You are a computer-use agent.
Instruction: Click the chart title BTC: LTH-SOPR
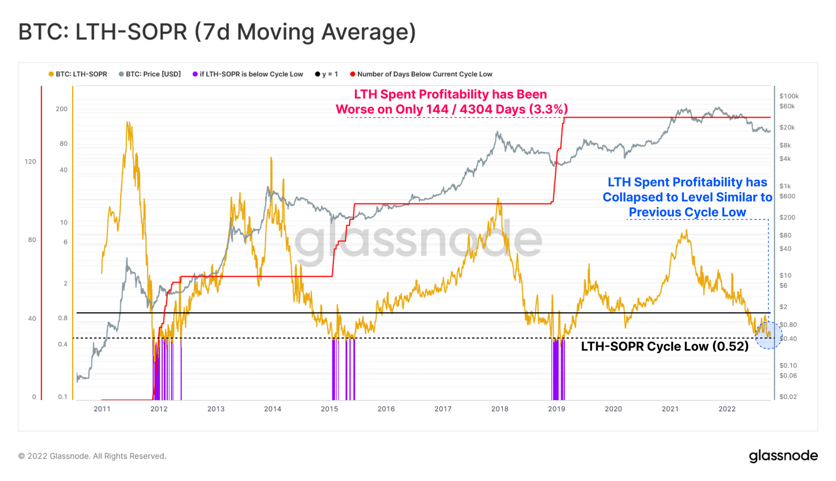217,32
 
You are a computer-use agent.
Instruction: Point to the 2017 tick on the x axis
443,409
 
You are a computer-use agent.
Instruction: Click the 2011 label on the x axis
102,409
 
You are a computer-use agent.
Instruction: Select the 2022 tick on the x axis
727,409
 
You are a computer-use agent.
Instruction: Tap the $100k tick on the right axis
789,96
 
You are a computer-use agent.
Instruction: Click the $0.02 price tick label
788,397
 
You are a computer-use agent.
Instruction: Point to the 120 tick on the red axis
30,161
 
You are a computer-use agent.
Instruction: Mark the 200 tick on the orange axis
62,109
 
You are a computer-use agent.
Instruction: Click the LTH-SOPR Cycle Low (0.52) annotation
665,346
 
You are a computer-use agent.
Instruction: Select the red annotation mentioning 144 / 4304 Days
451,109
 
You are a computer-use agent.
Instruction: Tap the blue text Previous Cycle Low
687,212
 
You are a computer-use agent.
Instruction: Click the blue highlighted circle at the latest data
769,335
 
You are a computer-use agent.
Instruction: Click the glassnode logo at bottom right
783,456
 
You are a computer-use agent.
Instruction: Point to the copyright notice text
92,456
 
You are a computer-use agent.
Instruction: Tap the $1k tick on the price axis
785,186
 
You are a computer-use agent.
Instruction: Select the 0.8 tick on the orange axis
63,318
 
